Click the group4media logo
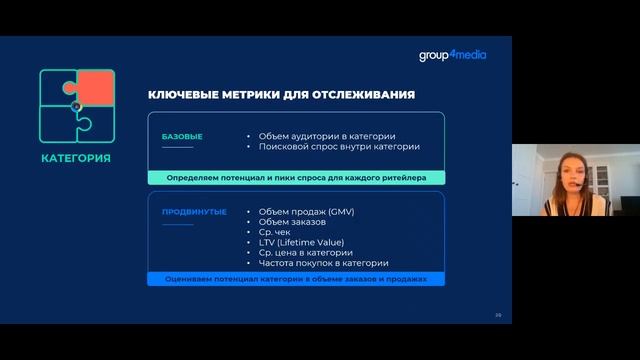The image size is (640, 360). pyautogui.click(x=452, y=55)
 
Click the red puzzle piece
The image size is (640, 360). pyautogui.click(x=96, y=87)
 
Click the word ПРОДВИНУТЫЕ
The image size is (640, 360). pyautogui.click(x=193, y=211)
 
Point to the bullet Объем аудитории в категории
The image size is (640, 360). pyautogui.click(x=326, y=135)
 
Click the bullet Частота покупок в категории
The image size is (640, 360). pyautogui.click(x=323, y=263)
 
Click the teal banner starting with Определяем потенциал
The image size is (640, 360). pyautogui.click(x=297, y=177)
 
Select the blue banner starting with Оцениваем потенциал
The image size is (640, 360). pyautogui.click(x=297, y=279)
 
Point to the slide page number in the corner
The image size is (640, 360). pyautogui.click(x=498, y=315)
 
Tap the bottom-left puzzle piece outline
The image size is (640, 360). pyautogui.click(x=58, y=124)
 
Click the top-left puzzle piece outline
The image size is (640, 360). pyautogui.click(x=57, y=87)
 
